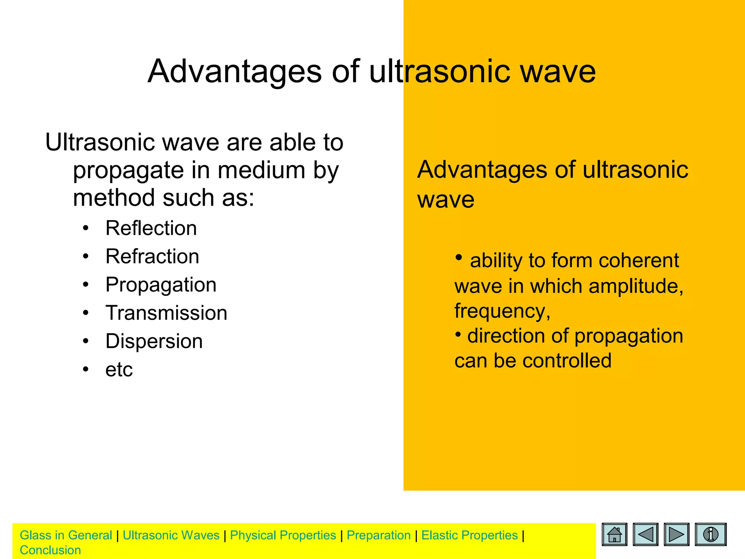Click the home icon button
(614, 534)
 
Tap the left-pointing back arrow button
(645, 534)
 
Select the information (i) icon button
(710, 534)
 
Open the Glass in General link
(66, 535)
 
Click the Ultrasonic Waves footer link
(171, 535)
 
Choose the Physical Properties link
(283, 535)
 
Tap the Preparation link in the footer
(378, 535)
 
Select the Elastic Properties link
(469, 535)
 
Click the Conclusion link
(50, 550)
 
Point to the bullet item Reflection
(151, 229)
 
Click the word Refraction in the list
(152, 257)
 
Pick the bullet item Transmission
(166, 313)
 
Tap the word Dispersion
(154, 341)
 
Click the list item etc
(119, 370)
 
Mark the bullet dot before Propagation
(85, 285)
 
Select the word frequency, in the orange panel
(502, 312)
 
